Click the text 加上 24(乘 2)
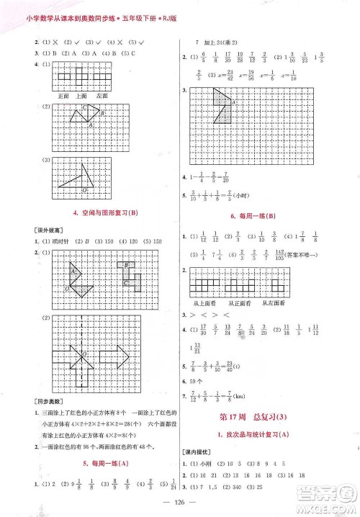pyautogui.click(x=220, y=44)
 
